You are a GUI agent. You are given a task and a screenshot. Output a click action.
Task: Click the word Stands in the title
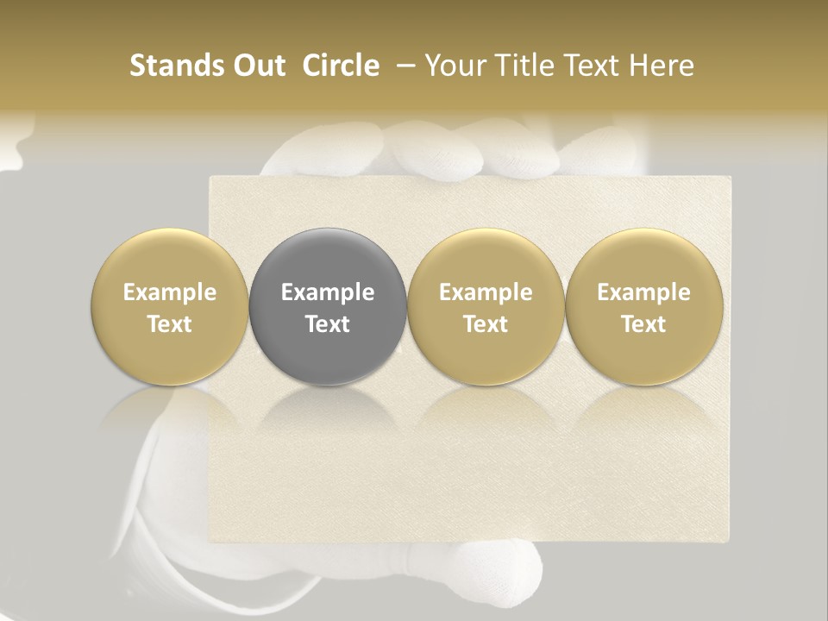point(169,66)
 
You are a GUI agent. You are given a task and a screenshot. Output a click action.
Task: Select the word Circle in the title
point(341,66)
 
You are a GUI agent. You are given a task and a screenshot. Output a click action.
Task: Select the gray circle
point(328,306)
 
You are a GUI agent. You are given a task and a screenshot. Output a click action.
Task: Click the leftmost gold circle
point(170,306)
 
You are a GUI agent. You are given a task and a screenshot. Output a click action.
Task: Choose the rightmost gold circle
point(644,306)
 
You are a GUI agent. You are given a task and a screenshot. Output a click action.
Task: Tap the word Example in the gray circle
point(328,292)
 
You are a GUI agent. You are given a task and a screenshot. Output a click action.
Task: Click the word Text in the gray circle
point(328,324)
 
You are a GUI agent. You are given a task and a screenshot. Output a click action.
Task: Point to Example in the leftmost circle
point(170,292)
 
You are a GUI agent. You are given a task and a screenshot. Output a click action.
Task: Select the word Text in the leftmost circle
point(170,324)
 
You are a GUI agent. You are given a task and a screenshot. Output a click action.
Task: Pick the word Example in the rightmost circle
point(644,292)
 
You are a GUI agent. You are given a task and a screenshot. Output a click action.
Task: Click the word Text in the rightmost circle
point(644,324)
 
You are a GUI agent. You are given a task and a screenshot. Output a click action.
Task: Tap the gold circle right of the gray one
point(486,306)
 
